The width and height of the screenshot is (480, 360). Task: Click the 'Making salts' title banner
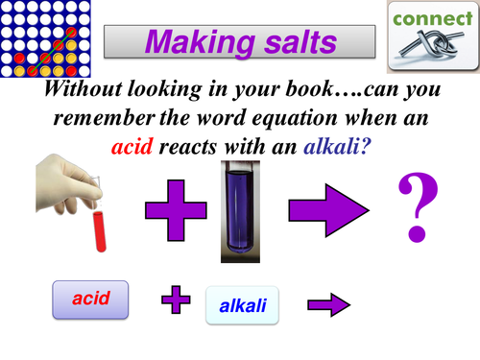[240, 41]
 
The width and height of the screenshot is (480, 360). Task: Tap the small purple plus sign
[176, 301]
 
